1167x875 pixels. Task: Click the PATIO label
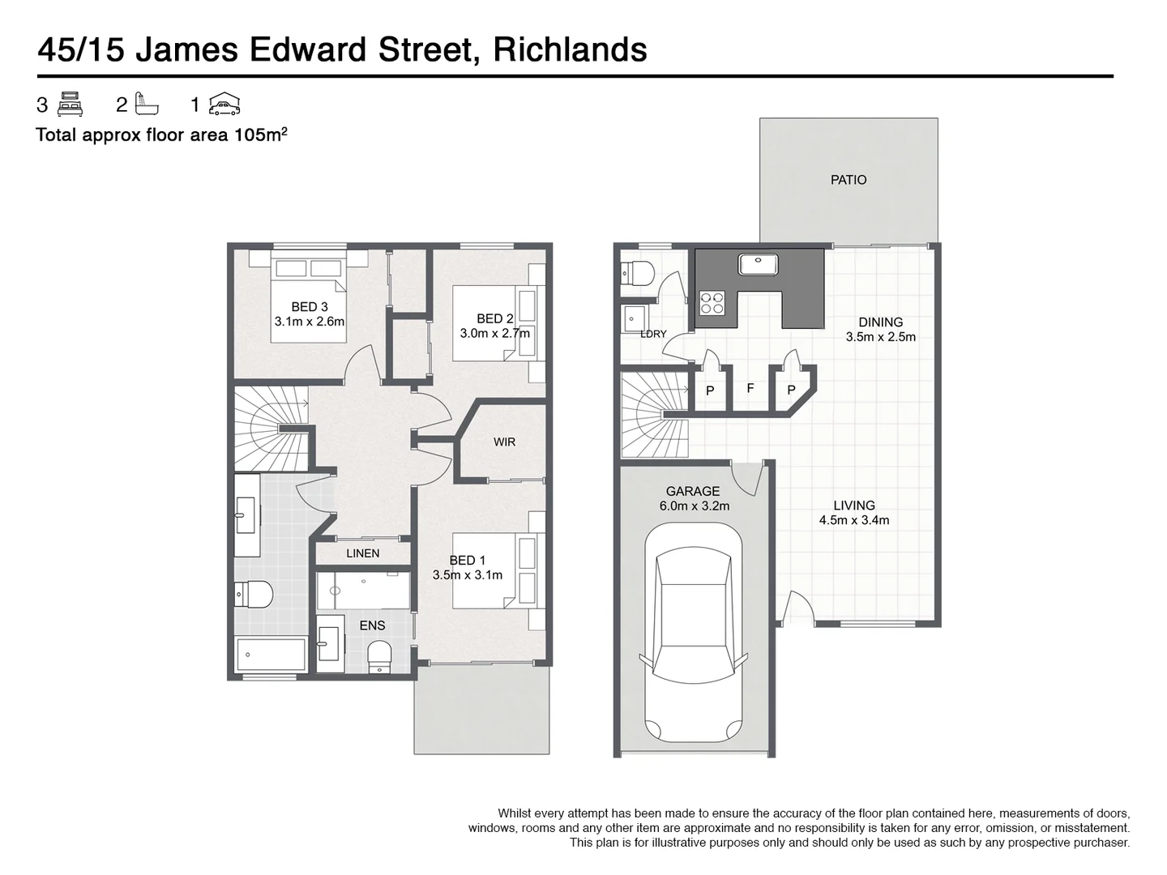[849, 180]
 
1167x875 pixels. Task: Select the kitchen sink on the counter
[758, 264]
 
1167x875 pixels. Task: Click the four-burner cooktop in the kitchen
[712, 302]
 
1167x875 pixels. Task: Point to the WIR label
[504, 442]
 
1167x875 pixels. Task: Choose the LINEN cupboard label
[362, 553]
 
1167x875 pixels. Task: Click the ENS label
[372, 625]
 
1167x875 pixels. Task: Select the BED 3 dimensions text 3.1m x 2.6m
[310, 321]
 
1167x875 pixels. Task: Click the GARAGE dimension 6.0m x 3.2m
[693, 506]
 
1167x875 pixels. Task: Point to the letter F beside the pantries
[750, 389]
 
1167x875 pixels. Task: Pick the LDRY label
[653, 334]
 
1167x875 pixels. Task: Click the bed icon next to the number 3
[71, 105]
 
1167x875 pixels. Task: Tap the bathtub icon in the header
[147, 105]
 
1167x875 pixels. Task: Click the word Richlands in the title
[570, 50]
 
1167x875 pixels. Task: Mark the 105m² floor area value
[260, 135]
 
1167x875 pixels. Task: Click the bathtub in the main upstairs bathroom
[271, 655]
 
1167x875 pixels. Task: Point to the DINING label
[881, 322]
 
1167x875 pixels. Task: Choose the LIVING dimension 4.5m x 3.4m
[854, 520]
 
